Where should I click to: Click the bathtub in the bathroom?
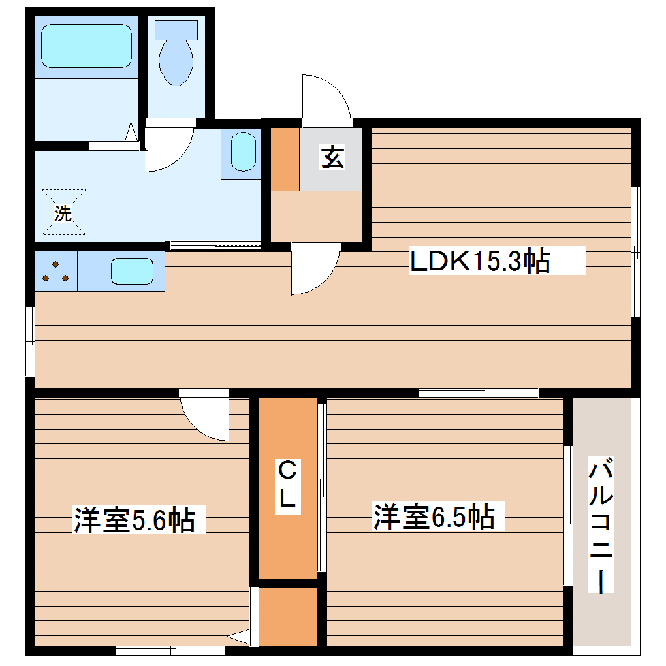[86, 46]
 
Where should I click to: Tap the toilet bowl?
[176, 63]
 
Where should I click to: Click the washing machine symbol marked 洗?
[63, 212]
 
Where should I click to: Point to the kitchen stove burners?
[56, 272]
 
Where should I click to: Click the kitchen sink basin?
[132, 271]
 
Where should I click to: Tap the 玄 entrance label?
[332, 158]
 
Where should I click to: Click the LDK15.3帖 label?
[479, 261]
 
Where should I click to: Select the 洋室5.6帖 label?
[134, 520]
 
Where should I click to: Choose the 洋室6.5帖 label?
[434, 516]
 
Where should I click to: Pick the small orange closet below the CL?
[289, 616]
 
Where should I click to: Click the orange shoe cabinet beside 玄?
[285, 159]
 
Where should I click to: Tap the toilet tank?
[176, 29]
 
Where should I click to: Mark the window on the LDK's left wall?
[30, 341]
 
